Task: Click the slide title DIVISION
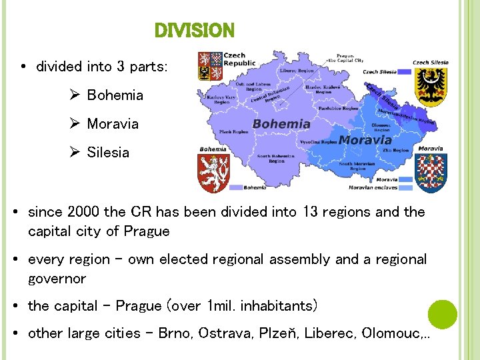pyautogui.click(x=194, y=31)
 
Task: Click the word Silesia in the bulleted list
pyautogui.click(x=108, y=153)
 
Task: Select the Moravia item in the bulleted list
pyautogui.click(x=113, y=124)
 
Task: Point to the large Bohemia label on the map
pyautogui.click(x=281, y=124)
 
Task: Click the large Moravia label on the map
pyautogui.click(x=365, y=140)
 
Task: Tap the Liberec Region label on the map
pyautogui.click(x=297, y=70)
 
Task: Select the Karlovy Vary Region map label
pyautogui.click(x=223, y=99)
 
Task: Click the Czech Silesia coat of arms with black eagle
pyautogui.click(x=430, y=86)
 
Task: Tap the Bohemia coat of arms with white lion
pyautogui.click(x=213, y=173)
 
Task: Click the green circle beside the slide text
pyautogui.click(x=442, y=314)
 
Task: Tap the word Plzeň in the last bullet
pyautogui.click(x=277, y=333)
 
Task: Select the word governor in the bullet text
pyautogui.click(x=57, y=278)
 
